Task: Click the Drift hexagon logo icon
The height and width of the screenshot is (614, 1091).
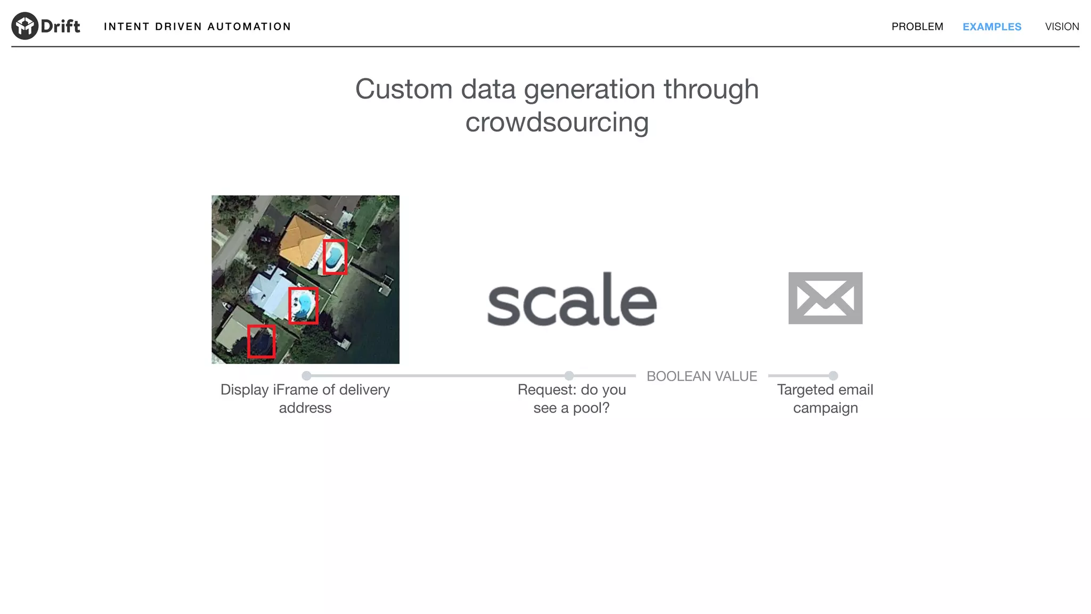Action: tap(25, 26)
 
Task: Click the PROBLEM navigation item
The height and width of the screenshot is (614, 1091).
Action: tap(917, 27)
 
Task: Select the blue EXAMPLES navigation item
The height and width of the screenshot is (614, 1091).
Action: tap(991, 27)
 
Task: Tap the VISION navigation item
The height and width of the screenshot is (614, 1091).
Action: tap(1062, 27)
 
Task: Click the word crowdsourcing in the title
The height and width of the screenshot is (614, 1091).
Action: tap(557, 123)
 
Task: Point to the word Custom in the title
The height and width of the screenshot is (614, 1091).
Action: tap(403, 89)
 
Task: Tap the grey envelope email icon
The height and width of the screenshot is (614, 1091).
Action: tap(825, 298)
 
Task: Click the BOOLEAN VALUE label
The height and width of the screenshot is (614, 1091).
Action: tap(702, 376)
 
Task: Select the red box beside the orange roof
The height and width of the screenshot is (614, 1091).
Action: tap(335, 257)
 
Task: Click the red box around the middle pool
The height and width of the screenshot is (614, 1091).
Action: tap(303, 305)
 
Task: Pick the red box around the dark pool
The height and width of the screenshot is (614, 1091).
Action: tap(261, 342)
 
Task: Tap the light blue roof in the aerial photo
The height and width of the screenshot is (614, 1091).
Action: tap(269, 293)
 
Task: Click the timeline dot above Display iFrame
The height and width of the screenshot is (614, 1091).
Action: tap(306, 376)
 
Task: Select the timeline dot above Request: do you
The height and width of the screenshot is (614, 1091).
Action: tap(569, 376)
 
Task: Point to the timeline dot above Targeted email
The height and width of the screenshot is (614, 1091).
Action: tap(833, 376)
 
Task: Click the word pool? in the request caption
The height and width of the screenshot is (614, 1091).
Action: tap(591, 408)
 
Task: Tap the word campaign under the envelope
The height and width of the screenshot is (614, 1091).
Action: tap(825, 408)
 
